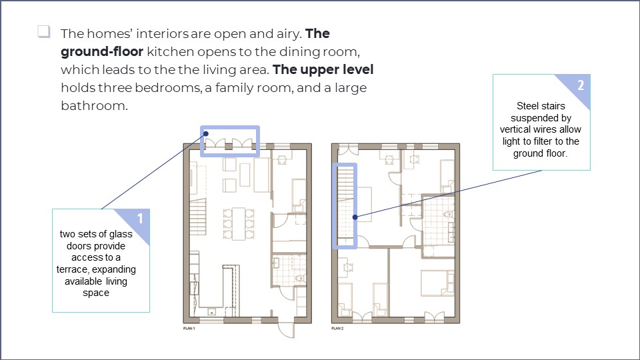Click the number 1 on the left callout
pos(140,219)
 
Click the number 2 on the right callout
pos(580,85)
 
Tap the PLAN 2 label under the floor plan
pos(338,329)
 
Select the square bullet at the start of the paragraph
pos(44,31)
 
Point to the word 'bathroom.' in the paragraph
pos(93,105)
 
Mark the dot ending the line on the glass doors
pos(206,133)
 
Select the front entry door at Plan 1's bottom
pos(286,329)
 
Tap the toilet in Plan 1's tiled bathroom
pos(300,277)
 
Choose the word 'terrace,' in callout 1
pos(76,269)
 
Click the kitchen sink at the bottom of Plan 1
pos(212,311)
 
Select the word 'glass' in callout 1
pos(119,234)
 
